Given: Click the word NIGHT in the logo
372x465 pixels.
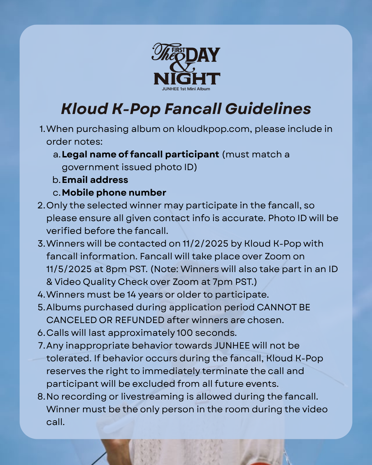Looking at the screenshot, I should tap(187, 79).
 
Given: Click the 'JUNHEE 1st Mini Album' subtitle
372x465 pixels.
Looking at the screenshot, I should tap(186, 89).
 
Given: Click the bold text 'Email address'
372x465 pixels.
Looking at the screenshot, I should tap(95, 180).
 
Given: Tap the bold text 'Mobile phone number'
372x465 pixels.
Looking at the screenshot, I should tap(114, 193).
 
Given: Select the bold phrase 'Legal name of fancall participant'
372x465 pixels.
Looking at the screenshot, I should tap(140, 154).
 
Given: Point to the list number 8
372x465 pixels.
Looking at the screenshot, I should tap(41, 397).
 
